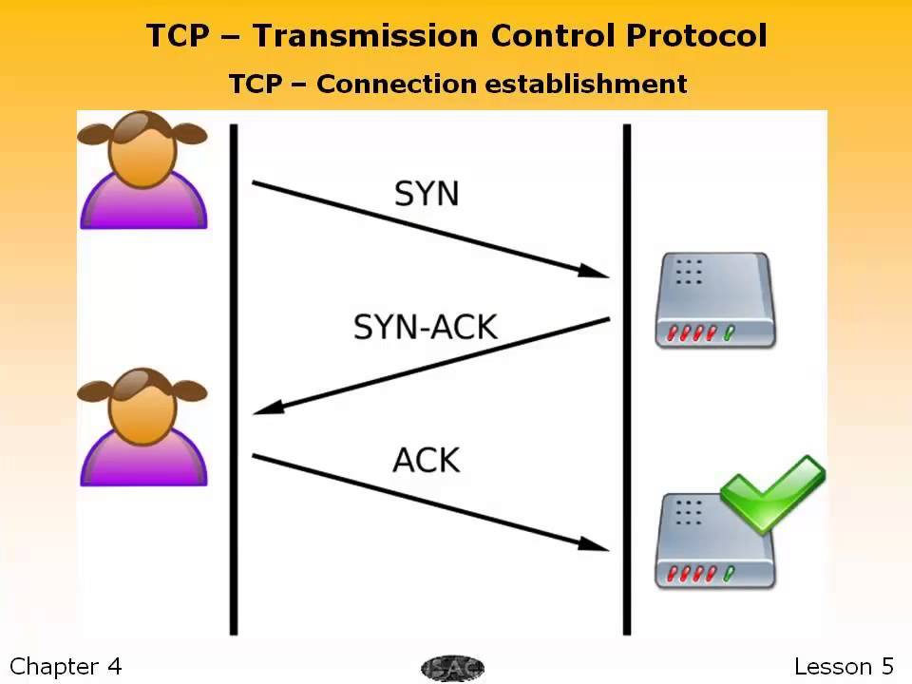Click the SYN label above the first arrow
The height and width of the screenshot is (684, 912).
[427, 194]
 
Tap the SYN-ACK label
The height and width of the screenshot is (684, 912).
[425, 327]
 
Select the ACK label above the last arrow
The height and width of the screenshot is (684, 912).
[427, 460]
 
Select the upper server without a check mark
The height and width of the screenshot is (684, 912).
[714, 298]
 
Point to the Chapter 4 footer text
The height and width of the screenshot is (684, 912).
[66, 666]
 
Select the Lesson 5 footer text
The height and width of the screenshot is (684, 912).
[844, 666]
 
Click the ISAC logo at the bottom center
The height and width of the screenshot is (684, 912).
[452, 668]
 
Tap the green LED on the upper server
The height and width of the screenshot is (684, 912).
[729, 333]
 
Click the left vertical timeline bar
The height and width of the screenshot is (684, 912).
[234, 380]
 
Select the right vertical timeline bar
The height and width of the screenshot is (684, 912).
[626, 380]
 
